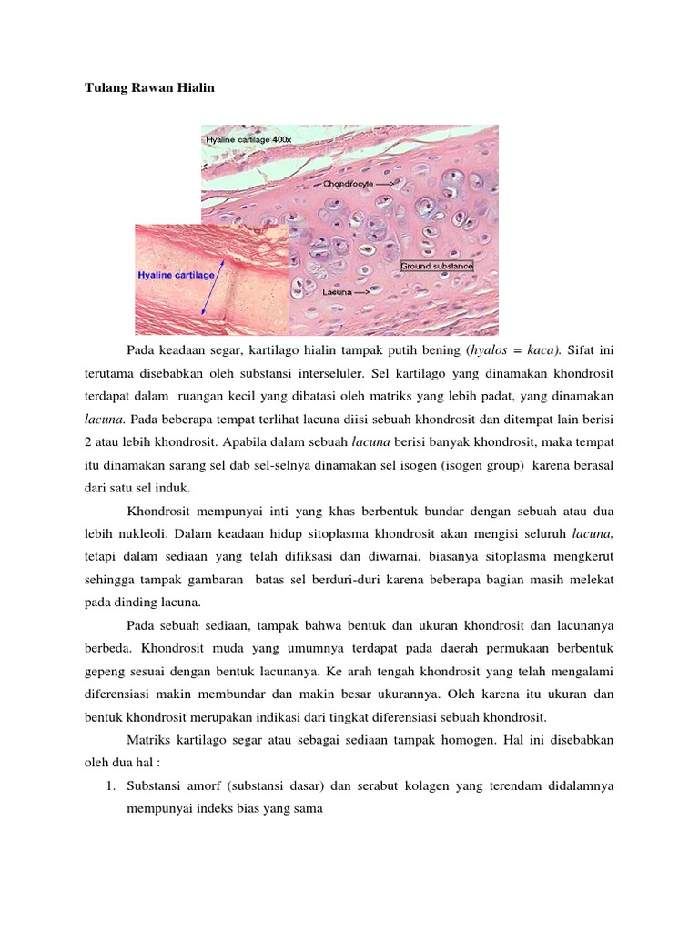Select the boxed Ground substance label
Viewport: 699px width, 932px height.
437,267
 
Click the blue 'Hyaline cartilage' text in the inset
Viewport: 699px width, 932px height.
176,274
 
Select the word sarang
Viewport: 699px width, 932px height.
235,464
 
